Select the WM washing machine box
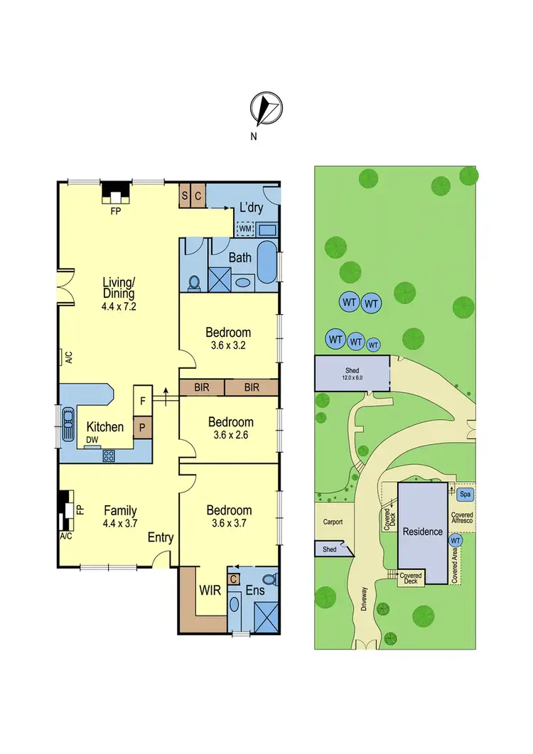click(245, 229)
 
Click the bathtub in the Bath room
click(267, 264)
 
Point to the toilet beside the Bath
click(193, 282)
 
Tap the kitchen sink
click(68, 425)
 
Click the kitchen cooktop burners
click(110, 455)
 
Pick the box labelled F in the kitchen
click(143, 401)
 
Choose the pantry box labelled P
click(143, 428)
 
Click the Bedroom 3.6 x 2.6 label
click(229, 429)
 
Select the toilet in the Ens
click(269, 578)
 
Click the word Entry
click(160, 538)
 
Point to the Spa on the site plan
click(465, 494)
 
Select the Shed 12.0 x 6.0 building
click(352, 373)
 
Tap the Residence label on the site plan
click(423, 532)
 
